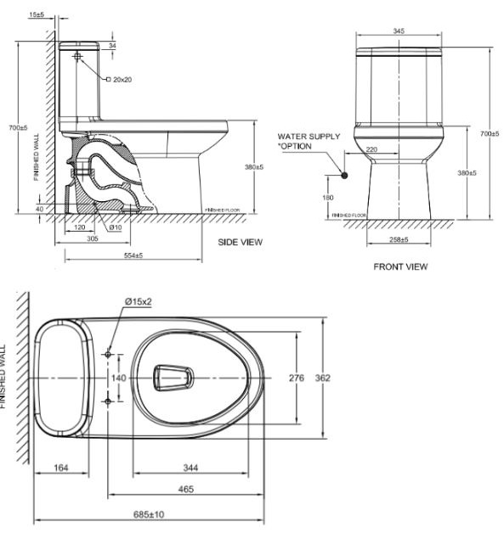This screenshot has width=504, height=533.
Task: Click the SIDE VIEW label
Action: coord(241,242)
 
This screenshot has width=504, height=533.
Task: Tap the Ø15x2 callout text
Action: coord(139,301)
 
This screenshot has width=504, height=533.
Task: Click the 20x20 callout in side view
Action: coord(122,79)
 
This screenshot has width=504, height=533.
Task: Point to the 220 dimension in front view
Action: coord(371,149)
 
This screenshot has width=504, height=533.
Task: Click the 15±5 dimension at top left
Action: coord(37,14)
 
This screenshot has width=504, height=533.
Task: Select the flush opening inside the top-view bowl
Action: coord(173,378)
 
